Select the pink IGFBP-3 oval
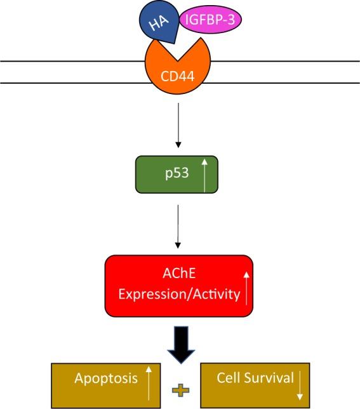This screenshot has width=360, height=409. (206, 20)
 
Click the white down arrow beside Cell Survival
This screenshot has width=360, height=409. (298, 383)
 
